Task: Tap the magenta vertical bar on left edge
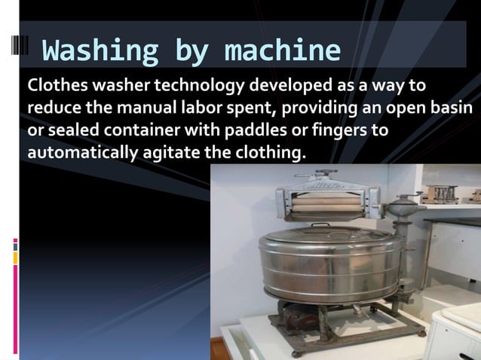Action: (15, 246)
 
